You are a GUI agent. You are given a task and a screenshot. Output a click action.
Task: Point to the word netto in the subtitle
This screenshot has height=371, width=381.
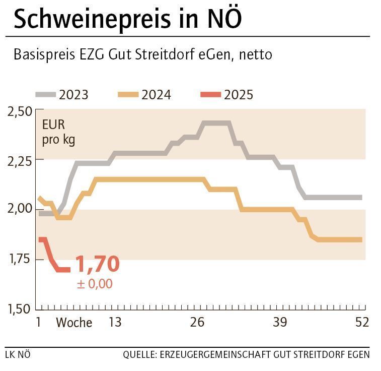255,55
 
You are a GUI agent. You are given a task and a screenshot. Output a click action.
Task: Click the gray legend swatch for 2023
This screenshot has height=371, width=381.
45,94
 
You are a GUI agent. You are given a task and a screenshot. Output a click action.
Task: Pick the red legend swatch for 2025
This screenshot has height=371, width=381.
210,94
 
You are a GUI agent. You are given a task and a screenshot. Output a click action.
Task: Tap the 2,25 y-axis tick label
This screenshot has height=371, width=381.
20,161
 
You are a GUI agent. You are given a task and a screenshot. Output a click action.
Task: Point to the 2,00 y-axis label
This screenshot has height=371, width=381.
20,209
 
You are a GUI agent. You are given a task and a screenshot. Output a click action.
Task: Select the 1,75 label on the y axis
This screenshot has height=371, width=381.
20,260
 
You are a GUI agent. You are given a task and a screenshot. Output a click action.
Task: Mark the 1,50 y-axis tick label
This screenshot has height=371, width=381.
20,308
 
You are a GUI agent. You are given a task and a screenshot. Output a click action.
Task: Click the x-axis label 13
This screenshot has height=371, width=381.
115,322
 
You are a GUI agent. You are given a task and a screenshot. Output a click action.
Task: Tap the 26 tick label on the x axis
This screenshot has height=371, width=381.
197,322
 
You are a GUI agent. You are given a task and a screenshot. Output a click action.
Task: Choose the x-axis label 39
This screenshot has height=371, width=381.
280,322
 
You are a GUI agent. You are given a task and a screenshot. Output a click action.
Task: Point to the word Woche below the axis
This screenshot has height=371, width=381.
73,323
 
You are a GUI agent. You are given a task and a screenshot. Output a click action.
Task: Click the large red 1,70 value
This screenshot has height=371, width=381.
97,264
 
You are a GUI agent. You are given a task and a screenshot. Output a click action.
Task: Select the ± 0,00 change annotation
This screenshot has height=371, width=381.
95,284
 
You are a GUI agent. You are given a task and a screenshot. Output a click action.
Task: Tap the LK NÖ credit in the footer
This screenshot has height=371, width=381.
18,354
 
